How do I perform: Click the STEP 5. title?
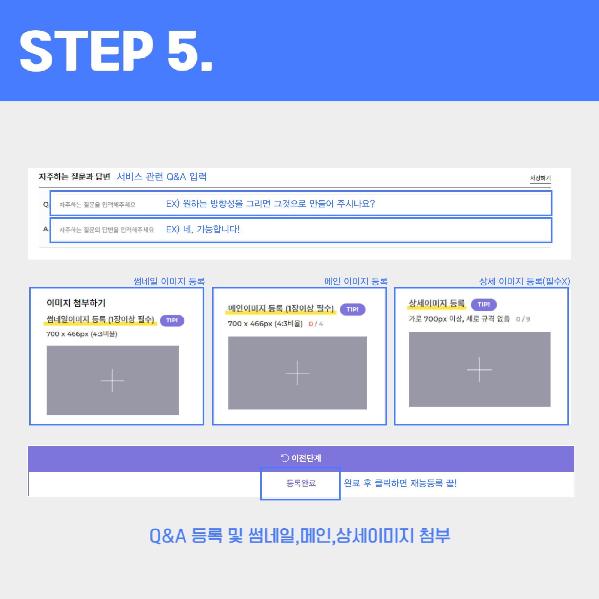pyautogui.click(x=116, y=51)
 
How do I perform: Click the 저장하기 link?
pyautogui.click(x=540, y=178)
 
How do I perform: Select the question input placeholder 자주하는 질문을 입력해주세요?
pyautogui.click(x=97, y=205)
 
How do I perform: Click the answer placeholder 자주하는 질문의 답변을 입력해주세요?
pyautogui.click(x=107, y=230)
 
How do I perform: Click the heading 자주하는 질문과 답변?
pyautogui.click(x=75, y=177)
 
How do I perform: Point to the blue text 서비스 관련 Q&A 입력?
pyautogui.click(x=162, y=177)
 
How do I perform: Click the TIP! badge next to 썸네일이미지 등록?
pyautogui.click(x=172, y=320)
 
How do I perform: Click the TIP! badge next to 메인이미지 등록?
pyautogui.click(x=352, y=309)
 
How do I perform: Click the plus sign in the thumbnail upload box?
pyautogui.click(x=112, y=380)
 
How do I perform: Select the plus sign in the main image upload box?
pyautogui.click(x=297, y=373)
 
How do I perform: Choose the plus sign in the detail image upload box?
pyautogui.click(x=479, y=370)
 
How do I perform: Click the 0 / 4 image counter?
pyautogui.click(x=316, y=324)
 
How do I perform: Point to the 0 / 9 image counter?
pyautogui.click(x=523, y=319)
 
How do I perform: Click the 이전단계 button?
pyautogui.click(x=301, y=458)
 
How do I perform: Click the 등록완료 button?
pyautogui.click(x=301, y=483)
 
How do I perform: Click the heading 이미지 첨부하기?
pyautogui.click(x=76, y=303)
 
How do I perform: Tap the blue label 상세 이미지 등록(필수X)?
pyautogui.click(x=524, y=281)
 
